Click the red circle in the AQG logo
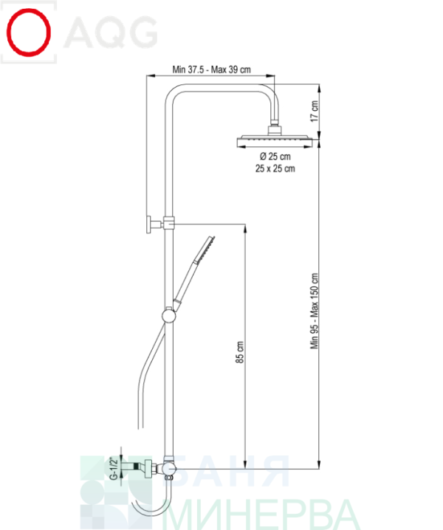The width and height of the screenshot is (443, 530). (29, 32)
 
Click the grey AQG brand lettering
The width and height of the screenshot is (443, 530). (111, 32)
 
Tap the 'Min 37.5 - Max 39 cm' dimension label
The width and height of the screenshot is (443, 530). (212, 69)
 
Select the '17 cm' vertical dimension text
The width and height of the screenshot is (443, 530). (315, 111)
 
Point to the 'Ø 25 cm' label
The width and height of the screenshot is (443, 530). (275, 156)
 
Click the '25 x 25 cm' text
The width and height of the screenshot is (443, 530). (275, 168)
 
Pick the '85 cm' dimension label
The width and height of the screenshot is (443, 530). (239, 352)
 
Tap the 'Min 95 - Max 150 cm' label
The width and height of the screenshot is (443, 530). (315, 311)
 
